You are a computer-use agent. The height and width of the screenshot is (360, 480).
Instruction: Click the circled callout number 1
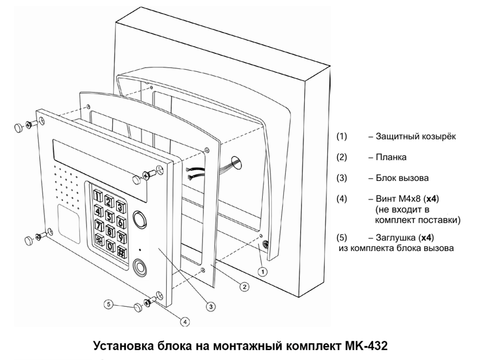point(262,271)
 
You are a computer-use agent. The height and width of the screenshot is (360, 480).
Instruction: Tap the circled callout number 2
point(244,287)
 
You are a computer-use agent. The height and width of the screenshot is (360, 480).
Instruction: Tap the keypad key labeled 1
point(98,196)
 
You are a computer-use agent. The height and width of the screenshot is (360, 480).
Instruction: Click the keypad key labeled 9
point(122,236)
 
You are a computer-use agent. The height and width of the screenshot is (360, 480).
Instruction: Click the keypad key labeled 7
point(99,224)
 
